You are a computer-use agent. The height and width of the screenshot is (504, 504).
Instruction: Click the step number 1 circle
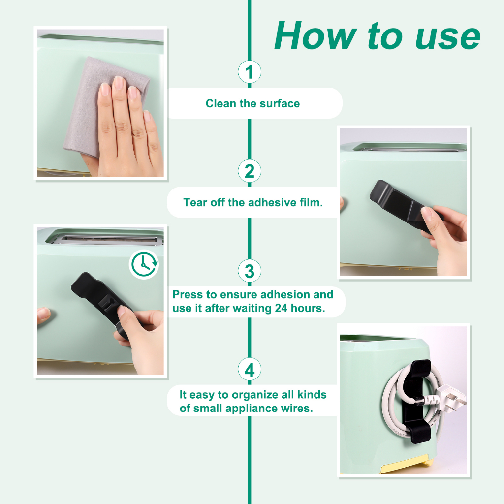[x=250, y=72]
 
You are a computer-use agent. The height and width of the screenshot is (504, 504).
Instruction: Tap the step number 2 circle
[x=250, y=171]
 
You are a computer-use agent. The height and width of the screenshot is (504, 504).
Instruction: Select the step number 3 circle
[x=250, y=271]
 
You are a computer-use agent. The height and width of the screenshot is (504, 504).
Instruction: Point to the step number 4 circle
[x=250, y=369]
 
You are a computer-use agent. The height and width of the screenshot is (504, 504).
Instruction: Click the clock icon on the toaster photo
[x=144, y=264]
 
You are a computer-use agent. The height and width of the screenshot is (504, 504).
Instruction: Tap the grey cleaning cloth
[x=96, y=103]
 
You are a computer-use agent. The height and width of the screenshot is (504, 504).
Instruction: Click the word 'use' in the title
[x=448, y=38]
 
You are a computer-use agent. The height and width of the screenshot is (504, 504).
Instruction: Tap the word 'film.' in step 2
[x=311, y=202]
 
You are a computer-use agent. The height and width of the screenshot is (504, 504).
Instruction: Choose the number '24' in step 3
[x=281, y=308]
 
